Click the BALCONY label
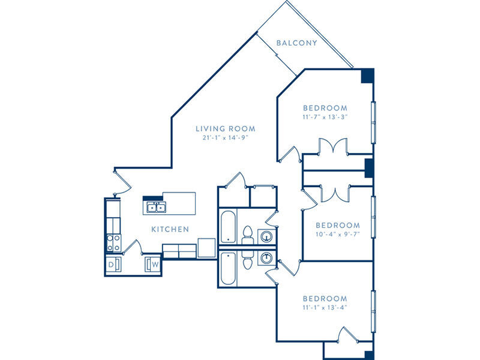point(296,43)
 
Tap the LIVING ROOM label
point(226,129)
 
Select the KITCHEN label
point(170,229)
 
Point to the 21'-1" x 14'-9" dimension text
point(225,138)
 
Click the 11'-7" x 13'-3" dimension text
point(325,117)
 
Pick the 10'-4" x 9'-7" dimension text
point(338,235)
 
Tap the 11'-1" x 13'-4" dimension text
point(325,307)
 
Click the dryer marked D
point(113,264)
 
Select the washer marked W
point(153,264)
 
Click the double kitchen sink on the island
point(156,208)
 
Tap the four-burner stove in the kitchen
point(113,243)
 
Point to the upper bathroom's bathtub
point(228,227)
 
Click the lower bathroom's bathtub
point(228,268)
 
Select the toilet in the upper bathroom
point(247,235)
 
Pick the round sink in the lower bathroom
point(267,257)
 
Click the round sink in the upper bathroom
point(267,236)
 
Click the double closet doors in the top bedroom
point(333,146)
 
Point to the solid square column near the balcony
point(367,76)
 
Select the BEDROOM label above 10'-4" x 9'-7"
point(338,226)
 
